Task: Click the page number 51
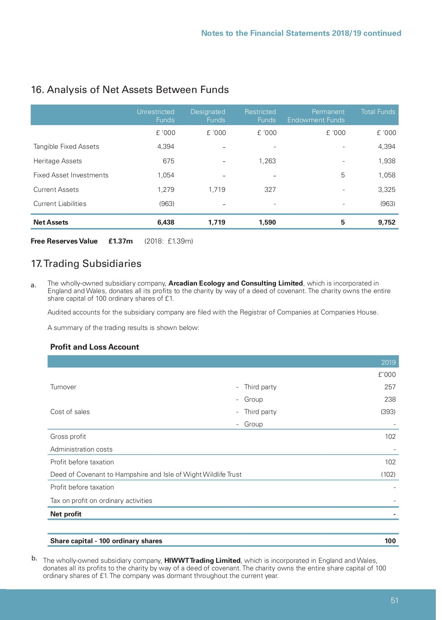point(394,600)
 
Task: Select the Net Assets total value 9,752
point(387,222)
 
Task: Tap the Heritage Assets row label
point(58,161)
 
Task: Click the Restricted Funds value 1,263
point(267,161)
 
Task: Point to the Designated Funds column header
point(208,116)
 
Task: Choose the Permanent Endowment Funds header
point(316,116)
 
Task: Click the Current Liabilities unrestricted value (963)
point(166,204)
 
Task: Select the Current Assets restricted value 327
point(270,189)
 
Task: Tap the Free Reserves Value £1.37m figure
point(120,241)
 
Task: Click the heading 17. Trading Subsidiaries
point(86,263)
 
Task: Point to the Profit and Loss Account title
point(94,347)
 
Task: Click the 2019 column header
point(388,362)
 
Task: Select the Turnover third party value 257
point(390,387)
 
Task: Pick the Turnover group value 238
point(390,399)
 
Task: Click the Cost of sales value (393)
point(388,412)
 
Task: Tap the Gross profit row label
point(68,436)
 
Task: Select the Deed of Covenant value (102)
point(388,474)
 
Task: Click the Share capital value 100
point(390,541)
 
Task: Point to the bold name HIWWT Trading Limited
point(202,560)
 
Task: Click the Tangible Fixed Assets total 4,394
point(387,146)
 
